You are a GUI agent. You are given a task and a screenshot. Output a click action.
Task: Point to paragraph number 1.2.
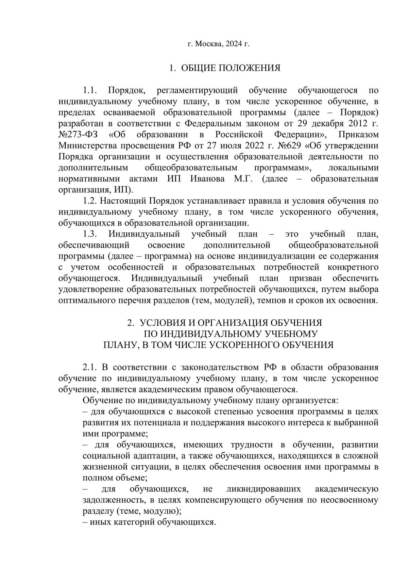click(x=90, y=201)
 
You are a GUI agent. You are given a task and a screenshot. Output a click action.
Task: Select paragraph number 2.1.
click(x=90, y=367)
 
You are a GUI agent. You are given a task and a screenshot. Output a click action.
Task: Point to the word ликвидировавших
click(x=263, y=489)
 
